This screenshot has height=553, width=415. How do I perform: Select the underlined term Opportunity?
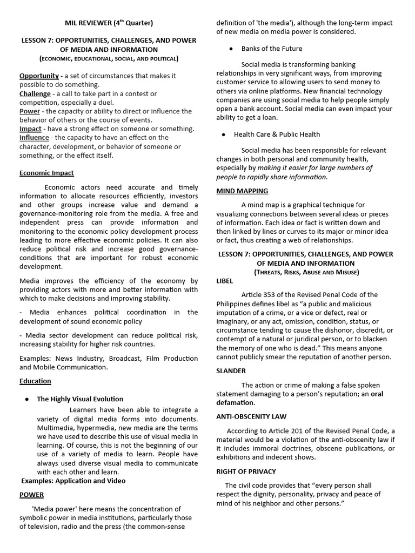(x=39, y=76)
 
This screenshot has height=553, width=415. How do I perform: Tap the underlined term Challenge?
(x=35, y=94)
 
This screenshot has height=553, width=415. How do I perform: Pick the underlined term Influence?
(x=35, y=138)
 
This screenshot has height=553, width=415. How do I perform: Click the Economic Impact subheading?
(x=46, y=173)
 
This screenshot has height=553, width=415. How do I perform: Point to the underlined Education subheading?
(x=35, y=381)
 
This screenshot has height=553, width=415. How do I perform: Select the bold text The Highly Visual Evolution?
(x=80, y=399)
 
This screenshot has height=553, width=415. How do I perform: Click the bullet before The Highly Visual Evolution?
(x=26, y=399)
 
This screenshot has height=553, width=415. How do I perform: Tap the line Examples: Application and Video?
(x=73, y=481)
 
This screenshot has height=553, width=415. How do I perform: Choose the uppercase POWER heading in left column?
(x=32, y=495)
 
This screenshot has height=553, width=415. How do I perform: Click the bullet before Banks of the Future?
(x=231, y=49)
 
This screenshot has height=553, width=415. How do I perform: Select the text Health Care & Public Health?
(x=277, y=134)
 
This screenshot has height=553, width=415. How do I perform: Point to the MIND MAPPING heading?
(x=242, y=191)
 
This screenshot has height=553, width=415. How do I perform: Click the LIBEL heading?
(x=225, y=281)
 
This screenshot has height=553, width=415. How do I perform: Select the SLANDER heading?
(x=231, y=371)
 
